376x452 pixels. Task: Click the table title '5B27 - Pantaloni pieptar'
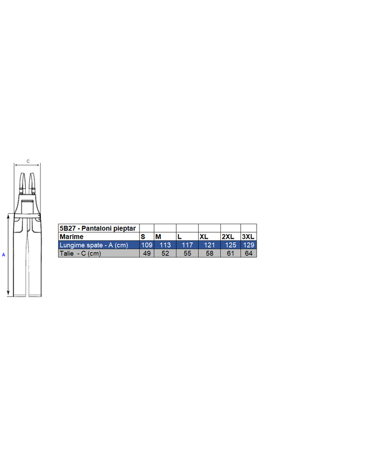(x=97, y=228)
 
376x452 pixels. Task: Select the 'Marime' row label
(x=71, y=237)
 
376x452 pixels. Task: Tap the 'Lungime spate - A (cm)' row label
(x=94, y=245)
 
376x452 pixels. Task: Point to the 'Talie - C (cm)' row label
(x=80, y=253)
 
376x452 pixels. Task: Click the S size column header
(x=143, y=237)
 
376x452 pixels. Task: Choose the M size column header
(x=158, y=237)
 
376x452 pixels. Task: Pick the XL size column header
(x=204, y=237)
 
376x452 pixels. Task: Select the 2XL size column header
(x=228, y=237)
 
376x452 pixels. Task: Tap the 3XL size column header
(x=248, y=237)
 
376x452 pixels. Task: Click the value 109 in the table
(x=147, y=245)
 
